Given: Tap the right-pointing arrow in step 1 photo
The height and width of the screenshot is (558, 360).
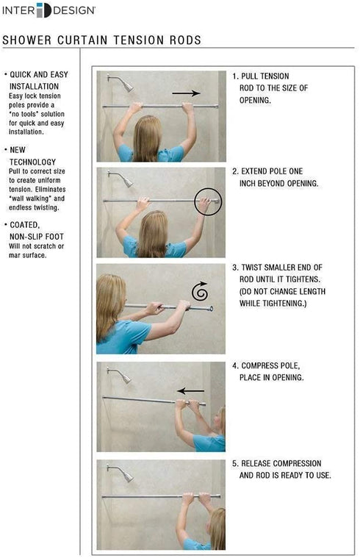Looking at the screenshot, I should click(x=187, y=93).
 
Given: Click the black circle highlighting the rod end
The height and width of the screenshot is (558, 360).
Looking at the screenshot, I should click(x=208, y=200).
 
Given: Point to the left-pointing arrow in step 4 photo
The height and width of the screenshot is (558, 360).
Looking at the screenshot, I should click(x=191, y=390).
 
